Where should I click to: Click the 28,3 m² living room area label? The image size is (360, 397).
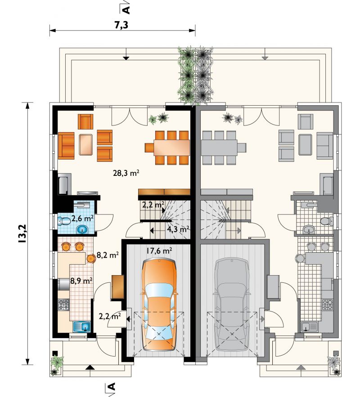pyautogui.click(x=126, y=173)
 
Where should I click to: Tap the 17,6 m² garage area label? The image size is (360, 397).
pyautogui.click(x=159, y=251)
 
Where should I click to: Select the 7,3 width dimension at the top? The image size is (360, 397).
pyautogui.click(x=122, y=25)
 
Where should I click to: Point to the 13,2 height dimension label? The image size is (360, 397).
pyautogui.click(x=22, y=233)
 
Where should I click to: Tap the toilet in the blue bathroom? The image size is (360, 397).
pyautogui.click(x=64, y=222)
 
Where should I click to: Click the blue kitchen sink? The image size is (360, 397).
pyautogui.click(x=82, y=326)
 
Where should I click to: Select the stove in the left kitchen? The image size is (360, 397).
pyautogui.click(x=63, y=304)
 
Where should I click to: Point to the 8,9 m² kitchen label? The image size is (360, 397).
pyautogui.click(x=81, y=281)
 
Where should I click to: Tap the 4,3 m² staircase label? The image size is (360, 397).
pyautogui.click(x=178, y=229)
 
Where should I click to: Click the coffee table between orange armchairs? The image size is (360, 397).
pyautogui.click(x=86, y=144)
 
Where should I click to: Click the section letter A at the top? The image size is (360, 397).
pyautogui.click(x=126, y=9)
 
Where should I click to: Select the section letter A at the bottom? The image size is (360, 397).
pyautogui.click(x=112, y=386)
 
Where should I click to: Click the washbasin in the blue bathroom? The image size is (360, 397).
pyautogui.click(x=82, y=230)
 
